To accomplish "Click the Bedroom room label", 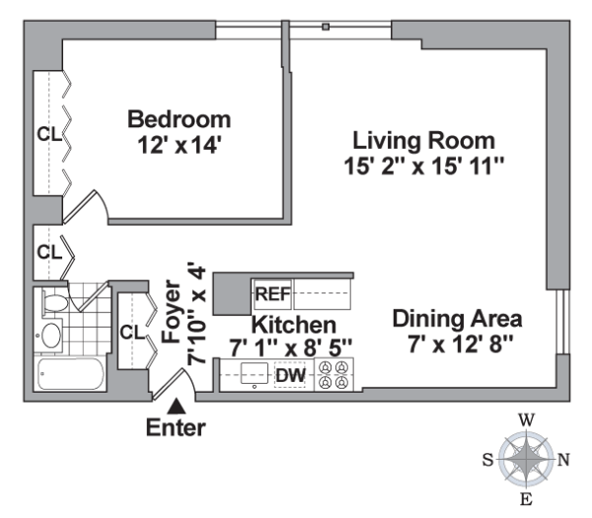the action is (x=180, y=119).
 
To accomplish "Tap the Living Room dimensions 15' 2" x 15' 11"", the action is (x=424, y=166).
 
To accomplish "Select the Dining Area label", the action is (x=458, y=319).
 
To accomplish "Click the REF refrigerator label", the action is (x=273, y=294).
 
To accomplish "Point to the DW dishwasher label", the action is (x=290, y=375).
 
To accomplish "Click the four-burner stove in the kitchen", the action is (x=334, y=375).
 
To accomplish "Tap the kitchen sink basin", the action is (x=255, y=373).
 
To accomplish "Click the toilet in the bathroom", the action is (x=54, y=303).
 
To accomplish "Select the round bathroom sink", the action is (x=51, y=335).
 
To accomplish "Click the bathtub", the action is (x=71, y=374).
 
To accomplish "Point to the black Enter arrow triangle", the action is (x=177, y=407).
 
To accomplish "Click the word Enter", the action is (x=176, y=428).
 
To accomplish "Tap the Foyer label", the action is (x=171, y=312).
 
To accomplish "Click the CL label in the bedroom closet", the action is (x=49, y=134).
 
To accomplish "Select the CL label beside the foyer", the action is (x=132, y=333).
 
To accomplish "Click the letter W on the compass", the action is (x=526, y=420).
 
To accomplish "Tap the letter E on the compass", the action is (x=526, y=499).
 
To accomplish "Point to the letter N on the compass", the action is (x=563, y=460).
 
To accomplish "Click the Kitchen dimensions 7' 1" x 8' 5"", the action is (x=291, y=348).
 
